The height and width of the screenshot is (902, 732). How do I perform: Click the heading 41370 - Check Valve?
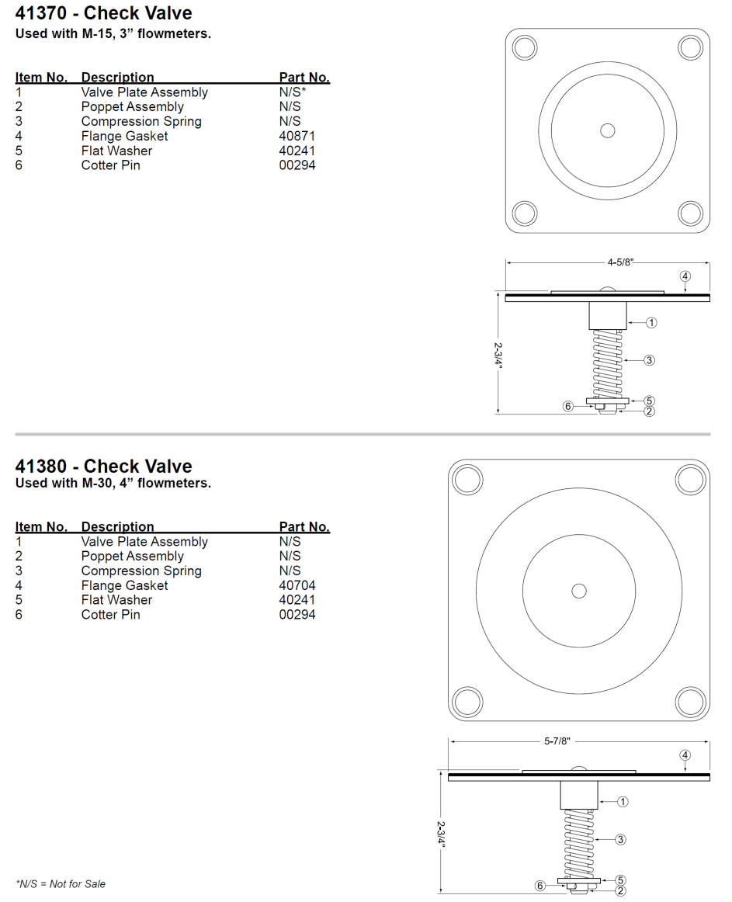pos(103,13)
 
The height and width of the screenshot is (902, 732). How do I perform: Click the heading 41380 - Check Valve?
pos(103,467)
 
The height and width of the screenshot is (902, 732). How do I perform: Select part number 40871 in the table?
pos(297,136)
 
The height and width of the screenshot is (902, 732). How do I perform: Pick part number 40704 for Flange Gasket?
pos(297,585)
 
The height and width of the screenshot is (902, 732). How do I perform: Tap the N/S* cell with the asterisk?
pos(297,92)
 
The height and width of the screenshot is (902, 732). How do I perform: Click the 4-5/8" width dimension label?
pos(620,262)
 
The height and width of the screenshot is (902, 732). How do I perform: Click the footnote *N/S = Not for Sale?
pos(61,883)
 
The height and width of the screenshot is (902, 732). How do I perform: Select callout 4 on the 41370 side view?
pos(685,276)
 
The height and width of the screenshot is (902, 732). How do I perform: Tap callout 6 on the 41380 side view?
pos(539,885)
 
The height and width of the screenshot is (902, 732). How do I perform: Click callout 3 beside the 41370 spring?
pos(650,359)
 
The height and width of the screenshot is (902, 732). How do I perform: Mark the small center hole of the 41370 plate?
pos(608,130)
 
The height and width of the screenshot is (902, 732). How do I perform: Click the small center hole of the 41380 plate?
pos(578,591)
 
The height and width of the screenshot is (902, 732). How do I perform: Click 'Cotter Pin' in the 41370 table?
pos(110,165)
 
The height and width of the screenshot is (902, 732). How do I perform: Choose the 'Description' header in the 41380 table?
pos(117,527)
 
